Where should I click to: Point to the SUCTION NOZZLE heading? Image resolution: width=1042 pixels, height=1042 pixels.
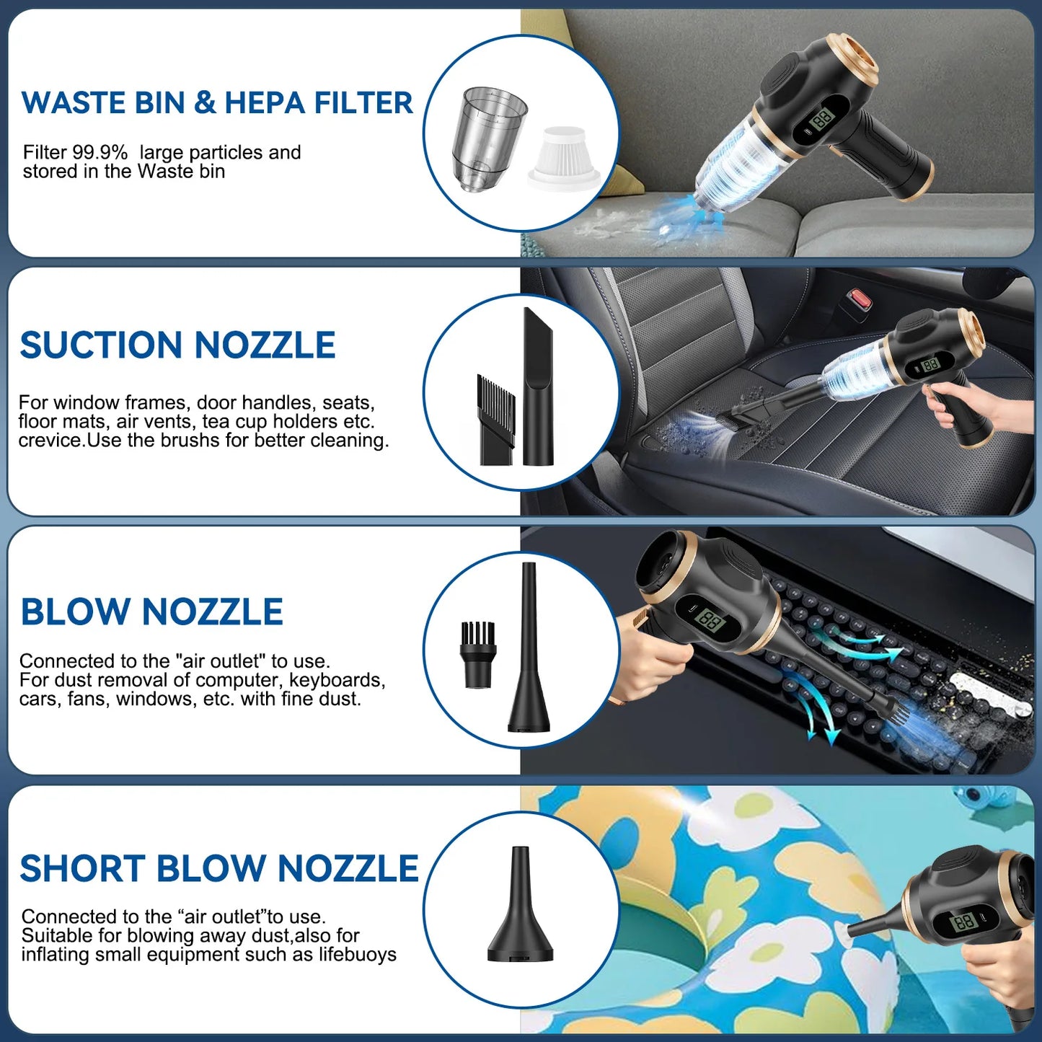(177, 345)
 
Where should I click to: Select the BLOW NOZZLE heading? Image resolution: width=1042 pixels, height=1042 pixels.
(151, 612)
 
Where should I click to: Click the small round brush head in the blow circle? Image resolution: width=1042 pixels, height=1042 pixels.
(477, 654)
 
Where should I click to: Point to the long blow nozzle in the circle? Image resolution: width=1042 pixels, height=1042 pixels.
(529, 649)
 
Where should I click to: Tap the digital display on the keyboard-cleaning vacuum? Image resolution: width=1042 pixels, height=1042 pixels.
(710, 620)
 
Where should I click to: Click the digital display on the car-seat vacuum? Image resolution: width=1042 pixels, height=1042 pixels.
(930, 365)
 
